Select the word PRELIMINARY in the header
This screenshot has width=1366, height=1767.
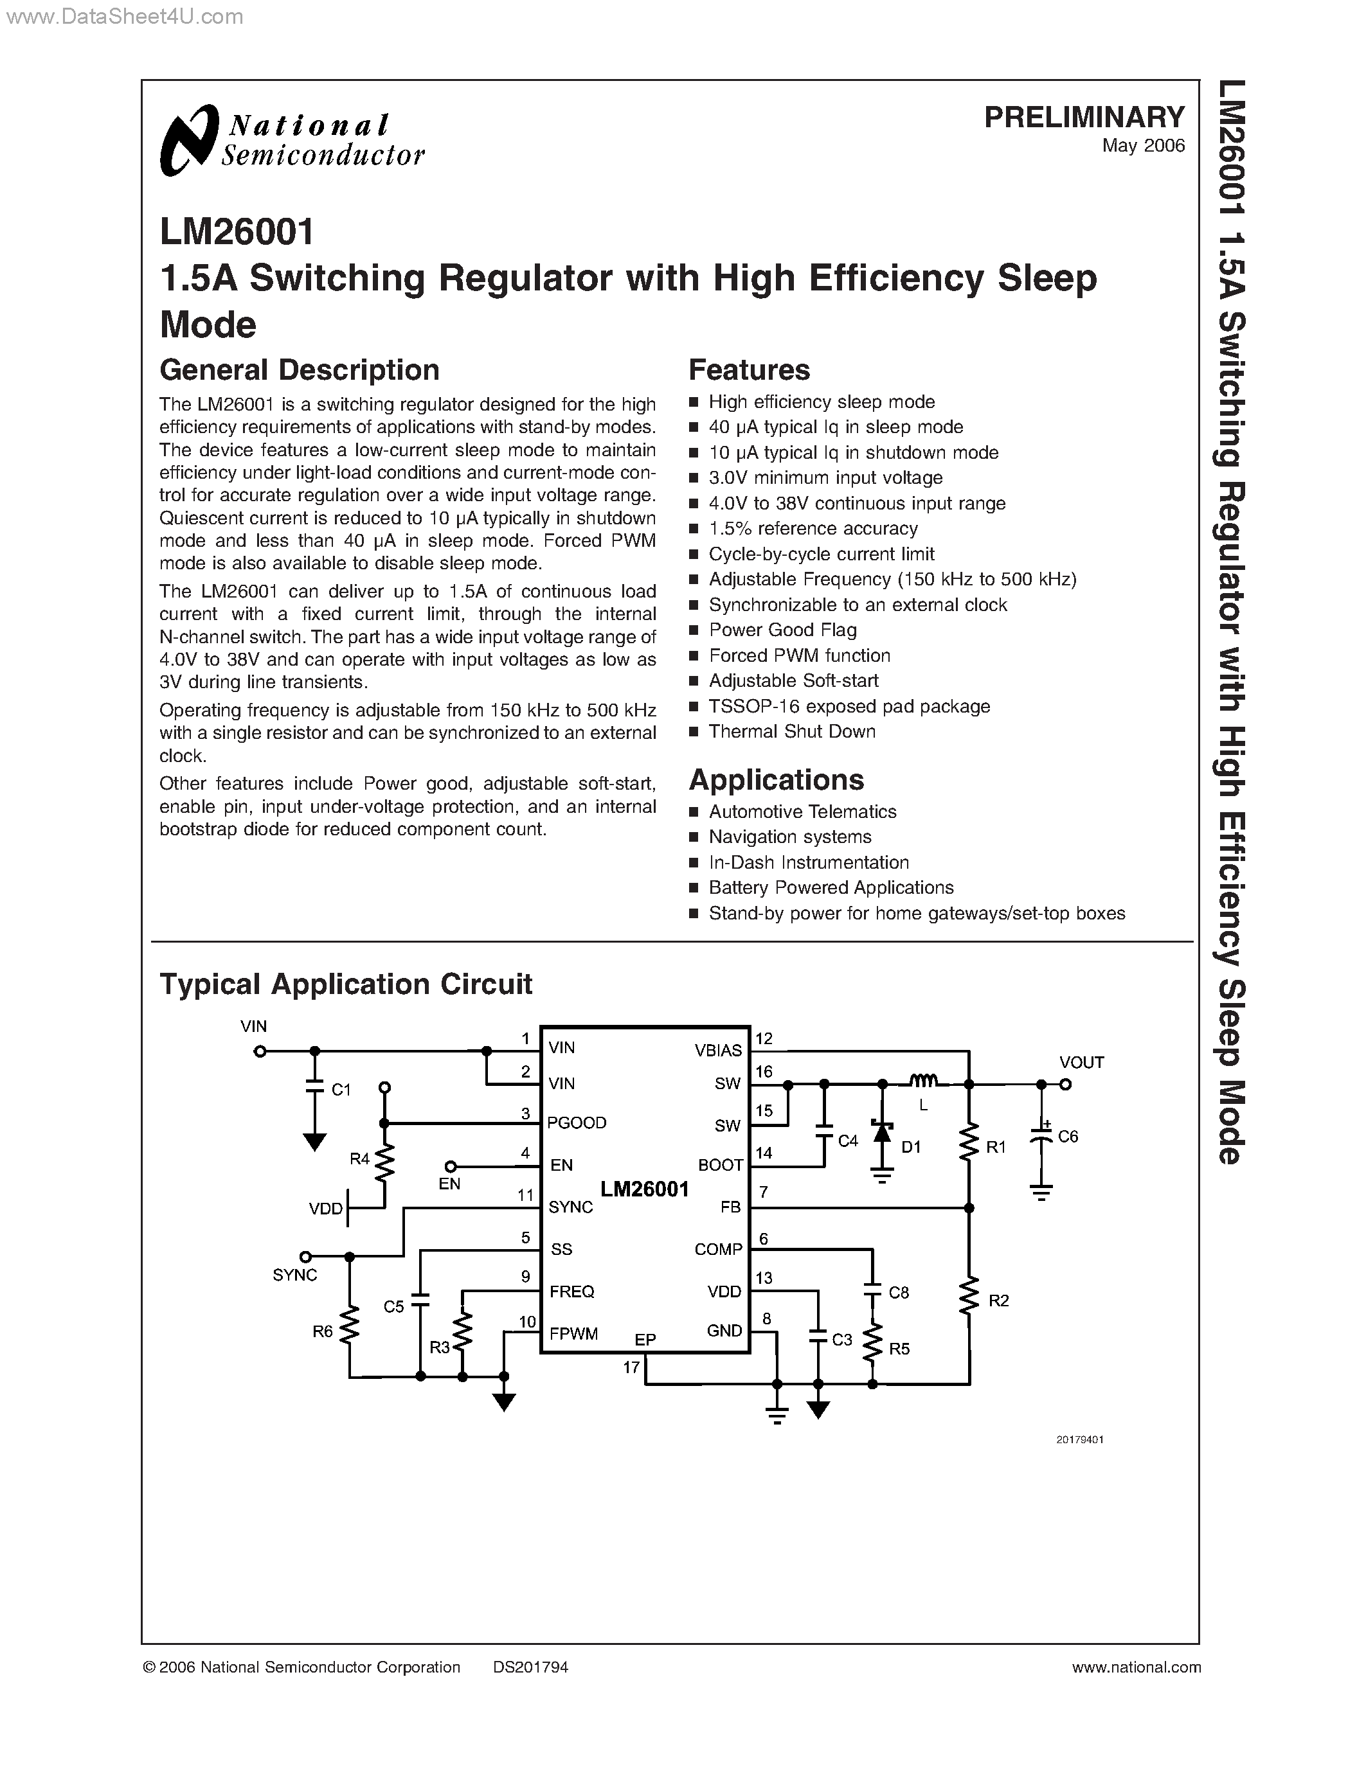[1084, 118]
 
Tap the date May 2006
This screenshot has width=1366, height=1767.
[1143, 146]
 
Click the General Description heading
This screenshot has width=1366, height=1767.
[300, 369]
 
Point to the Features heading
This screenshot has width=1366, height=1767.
[748, 369]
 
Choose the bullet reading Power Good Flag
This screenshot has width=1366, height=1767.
[782, 630]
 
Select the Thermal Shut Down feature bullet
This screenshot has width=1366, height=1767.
[791, 731]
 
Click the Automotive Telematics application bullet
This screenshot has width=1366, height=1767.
[802, 812]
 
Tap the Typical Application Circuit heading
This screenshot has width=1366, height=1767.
[346, 984]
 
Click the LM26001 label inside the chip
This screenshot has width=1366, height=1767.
[644, 1189]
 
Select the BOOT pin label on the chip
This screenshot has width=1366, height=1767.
[720, 1165]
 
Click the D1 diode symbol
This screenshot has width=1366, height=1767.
[882, 1133]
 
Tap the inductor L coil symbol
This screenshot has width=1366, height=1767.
[923, 1080]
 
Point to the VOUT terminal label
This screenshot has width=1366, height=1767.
[1081, 1062]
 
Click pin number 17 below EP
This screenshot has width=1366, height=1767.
[631, 1367]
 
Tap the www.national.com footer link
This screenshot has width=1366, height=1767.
[1135, 1667]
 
